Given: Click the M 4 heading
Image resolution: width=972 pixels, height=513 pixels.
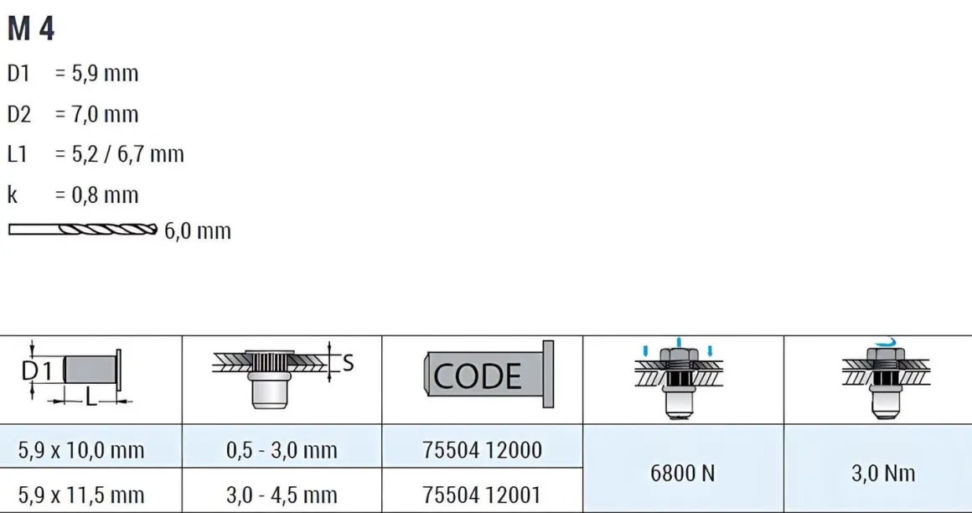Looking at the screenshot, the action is [x=31, y=29].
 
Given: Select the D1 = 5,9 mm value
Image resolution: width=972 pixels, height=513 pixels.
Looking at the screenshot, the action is [x=96, y=74].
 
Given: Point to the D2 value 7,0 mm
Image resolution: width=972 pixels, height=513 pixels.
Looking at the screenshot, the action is [x=96, y=115].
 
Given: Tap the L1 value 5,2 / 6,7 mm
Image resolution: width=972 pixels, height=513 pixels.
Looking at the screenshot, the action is [x=120, y=154].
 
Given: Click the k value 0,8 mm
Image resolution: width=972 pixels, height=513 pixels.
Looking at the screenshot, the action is [x=96, y=194].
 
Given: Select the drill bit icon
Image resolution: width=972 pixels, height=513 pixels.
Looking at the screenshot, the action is [x=82, y=230].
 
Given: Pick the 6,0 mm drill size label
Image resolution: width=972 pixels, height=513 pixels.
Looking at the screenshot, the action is [x=198, y=231].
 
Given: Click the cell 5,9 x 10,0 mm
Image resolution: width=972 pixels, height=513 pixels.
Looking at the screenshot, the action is [x=81, y=450].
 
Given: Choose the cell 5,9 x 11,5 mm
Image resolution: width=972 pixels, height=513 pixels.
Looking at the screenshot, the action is [x=81, y=495].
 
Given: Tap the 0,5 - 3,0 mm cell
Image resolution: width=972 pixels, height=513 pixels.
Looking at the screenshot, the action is [x=282, y=450].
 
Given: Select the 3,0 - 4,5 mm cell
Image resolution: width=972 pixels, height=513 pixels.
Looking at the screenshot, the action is [x=282, y=495].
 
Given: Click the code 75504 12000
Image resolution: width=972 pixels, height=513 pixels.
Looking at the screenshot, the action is [x=483, y=450].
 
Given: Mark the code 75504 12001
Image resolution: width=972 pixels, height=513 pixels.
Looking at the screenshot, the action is [x=483, y=495].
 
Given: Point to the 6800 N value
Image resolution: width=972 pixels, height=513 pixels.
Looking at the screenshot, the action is [x=683, y=474].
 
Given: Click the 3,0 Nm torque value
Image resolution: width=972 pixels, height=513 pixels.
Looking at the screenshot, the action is [x=883, y=474].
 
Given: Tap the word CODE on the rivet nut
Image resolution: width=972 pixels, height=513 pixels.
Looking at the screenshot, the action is [x=478, y=376].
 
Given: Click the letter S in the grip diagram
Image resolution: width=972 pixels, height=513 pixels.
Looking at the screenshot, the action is [x=349, y=363].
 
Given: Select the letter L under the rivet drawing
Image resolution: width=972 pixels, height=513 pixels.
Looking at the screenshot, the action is [x=91, y=397].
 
